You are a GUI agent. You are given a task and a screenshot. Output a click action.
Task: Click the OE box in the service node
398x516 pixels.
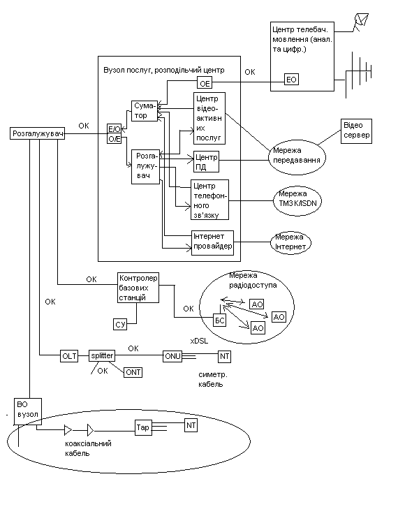205,82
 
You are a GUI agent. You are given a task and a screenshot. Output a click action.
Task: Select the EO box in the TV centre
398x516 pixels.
291,80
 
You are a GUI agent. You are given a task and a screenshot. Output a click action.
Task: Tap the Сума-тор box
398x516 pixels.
145,111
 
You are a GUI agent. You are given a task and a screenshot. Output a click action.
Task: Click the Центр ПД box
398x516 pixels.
207,161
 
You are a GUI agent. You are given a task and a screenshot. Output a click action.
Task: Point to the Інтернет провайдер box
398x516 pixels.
213,243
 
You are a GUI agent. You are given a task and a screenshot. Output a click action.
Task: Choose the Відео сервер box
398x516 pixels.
357,131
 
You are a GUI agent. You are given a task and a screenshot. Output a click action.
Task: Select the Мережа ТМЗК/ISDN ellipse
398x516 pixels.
297,202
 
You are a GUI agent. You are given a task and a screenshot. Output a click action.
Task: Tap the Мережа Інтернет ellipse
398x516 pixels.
290,243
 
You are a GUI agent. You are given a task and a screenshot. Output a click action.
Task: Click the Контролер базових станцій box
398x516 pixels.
138,288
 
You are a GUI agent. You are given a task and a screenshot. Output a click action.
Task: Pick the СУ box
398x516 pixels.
120,324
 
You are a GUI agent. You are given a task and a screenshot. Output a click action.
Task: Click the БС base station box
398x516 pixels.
220,320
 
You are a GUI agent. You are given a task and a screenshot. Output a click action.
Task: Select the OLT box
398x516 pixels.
69,356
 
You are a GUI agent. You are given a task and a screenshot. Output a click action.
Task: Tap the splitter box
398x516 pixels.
102,355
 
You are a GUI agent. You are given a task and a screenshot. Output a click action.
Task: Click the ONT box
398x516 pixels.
133,372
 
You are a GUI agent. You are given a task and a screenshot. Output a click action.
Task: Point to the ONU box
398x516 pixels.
172,356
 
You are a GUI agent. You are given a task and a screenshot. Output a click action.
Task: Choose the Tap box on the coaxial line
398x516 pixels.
143,427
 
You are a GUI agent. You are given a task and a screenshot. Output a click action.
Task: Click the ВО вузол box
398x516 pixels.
28,411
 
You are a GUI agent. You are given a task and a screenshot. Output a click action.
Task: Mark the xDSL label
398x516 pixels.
199,341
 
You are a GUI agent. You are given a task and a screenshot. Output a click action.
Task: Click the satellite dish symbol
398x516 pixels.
360,22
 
